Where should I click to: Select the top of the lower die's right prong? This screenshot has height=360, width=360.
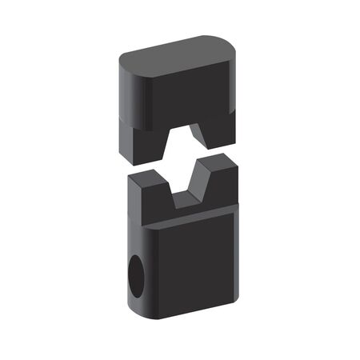(x=220, y=164)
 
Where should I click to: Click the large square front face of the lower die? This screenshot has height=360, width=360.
(x=196, y=264)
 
